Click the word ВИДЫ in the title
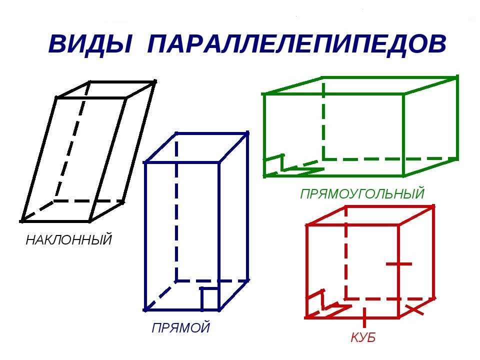point(90,44)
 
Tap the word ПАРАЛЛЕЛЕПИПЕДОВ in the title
point(296,44)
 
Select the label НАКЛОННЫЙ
point(69,239)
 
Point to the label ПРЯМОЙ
point(181,327)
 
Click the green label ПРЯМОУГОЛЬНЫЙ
point(362,194)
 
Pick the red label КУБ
point(363,337)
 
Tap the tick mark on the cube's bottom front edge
point(364,318)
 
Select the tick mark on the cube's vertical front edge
point(399,263)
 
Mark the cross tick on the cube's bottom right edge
point(415,309)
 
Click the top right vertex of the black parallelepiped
point(155,81)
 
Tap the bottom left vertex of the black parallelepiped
point(21,220)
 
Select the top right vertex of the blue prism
point(247,133)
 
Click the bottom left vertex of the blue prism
point(145,310)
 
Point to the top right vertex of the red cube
point(433,207)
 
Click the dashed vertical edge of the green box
point(323,118)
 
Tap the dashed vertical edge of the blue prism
point(176,206)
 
